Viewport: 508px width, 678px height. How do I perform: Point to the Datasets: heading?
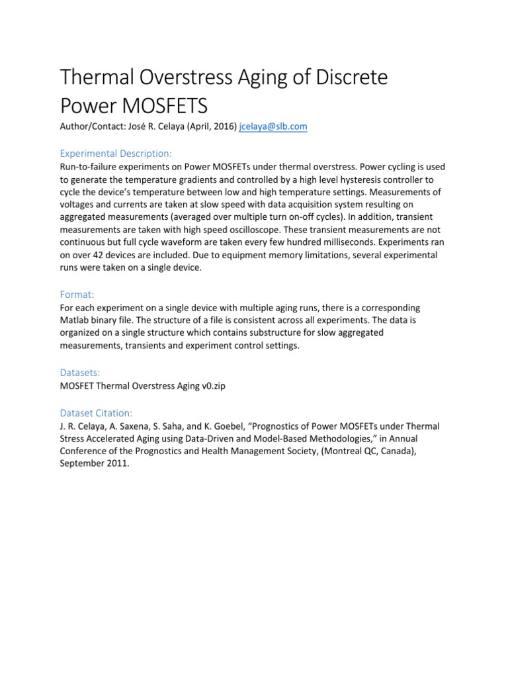pos(81,373)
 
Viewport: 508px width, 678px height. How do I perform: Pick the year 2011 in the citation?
pos(121,463)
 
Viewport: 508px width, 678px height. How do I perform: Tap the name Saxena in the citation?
pos(134,426)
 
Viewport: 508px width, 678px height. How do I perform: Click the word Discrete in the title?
pos(341,78)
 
